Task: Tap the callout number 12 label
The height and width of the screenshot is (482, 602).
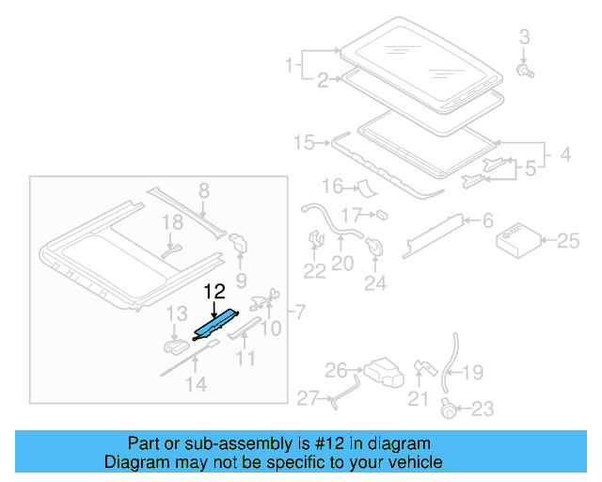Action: pos(214,292)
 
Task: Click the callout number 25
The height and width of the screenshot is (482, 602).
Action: pos(568,242)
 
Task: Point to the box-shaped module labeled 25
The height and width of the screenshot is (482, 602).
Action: pos(516,240)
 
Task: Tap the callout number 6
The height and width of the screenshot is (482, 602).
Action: pos(488,221)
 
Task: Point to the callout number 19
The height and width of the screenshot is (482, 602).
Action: pos(472,373)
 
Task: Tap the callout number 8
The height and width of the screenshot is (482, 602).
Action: pos(203,194)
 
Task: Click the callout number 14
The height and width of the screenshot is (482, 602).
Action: pos(195,383)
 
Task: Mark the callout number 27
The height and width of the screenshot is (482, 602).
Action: pos(309,399)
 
